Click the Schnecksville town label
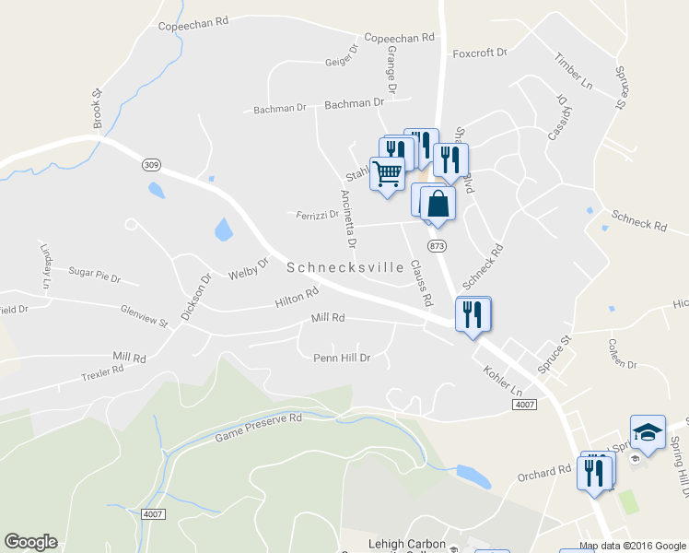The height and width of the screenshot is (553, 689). (345, 268)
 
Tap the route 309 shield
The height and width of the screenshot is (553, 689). (151, 164)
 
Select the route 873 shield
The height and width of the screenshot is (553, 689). (437, 246)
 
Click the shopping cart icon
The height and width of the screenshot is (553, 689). (388, 172)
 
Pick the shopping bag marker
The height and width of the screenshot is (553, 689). (438, 204)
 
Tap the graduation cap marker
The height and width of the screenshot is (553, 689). (648, 431)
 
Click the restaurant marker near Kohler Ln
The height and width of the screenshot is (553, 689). (473, 314)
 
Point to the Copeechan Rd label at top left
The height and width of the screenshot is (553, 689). (193, 28)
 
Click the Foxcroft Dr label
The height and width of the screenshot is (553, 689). (480, 53)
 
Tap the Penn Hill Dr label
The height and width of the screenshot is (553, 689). (341, 358)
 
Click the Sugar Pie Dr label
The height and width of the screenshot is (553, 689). (95, 274)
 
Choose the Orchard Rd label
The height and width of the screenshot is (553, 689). (543, 471)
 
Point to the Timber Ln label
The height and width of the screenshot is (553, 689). (573, 71)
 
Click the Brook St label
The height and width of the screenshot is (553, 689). (96, 108)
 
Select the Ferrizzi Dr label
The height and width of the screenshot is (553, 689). (318, 215)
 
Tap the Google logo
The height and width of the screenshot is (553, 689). (30, 542)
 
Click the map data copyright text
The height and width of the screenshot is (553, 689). (633, 546)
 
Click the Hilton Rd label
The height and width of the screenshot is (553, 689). (297, 297)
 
